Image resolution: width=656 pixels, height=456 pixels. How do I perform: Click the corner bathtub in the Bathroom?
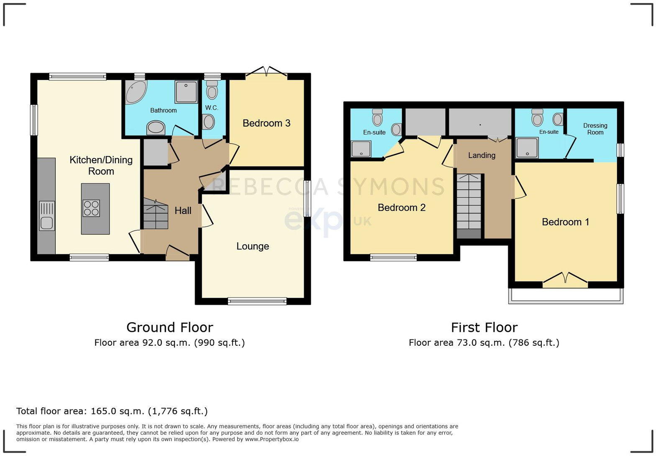coord(136,92)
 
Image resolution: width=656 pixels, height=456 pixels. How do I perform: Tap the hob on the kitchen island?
coord(91,208)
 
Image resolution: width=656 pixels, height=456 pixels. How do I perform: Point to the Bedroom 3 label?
coord(266,123)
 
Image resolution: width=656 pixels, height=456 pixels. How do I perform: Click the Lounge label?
coord(252,246)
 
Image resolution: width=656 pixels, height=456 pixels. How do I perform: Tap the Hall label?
coord(183,211)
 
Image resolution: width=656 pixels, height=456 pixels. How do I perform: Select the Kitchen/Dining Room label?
coord(101,166)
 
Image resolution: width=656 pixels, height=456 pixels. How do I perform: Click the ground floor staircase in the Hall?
coord(155,215)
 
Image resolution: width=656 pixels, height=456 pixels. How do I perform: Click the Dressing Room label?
coord(595,129)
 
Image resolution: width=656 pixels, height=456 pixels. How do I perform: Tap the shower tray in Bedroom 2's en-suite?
coord(361,149)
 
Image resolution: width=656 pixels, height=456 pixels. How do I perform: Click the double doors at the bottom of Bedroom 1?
coord(565,280)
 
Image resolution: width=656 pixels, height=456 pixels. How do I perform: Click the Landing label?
coord(482,155)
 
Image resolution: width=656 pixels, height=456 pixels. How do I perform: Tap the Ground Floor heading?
coord(169,327)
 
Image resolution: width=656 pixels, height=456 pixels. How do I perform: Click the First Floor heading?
coord(484,327)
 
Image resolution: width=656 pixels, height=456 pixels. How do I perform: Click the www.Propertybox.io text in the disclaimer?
coord(272,439)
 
